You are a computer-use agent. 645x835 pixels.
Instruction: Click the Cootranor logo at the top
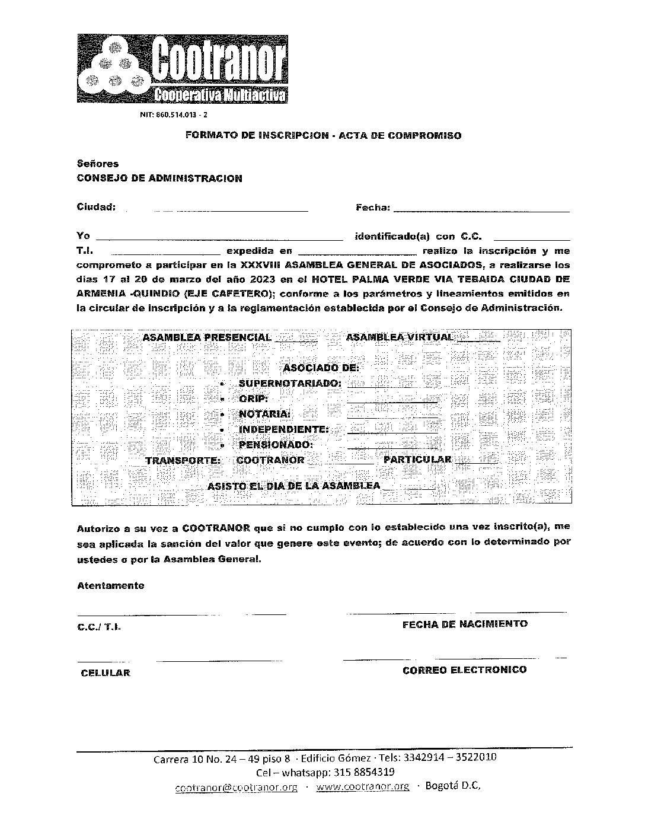tap(183, 69)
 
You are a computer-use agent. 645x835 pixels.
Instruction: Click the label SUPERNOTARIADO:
tap(290, 383)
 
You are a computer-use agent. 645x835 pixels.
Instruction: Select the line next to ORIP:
tap(392, 402)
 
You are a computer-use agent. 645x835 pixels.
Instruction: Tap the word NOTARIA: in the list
tap(264, 414)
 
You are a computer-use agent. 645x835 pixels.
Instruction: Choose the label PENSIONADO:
tap(276, 445)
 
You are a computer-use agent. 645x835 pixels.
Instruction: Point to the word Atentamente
tap(110, 585)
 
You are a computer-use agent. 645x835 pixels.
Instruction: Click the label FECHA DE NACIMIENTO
tap(465, 624)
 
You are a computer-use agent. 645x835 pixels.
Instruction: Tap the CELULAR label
tap(106, 673)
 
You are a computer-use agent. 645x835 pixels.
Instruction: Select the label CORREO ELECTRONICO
tap(464, 670)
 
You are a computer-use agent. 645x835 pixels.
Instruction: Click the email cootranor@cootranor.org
tap(236, 788)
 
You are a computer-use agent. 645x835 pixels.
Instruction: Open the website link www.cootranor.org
tap(362, 787)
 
